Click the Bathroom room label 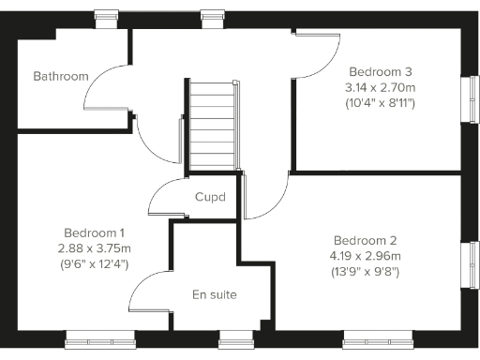(61, 76)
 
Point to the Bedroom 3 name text (381, 71)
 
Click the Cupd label (210, 198)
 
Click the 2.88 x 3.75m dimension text (97, 248)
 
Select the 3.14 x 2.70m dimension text (381, 87)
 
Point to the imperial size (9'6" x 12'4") (97, 264)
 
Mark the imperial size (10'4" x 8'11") (381, 103)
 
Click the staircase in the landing (212, 127)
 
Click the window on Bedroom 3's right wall (473, 97)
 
